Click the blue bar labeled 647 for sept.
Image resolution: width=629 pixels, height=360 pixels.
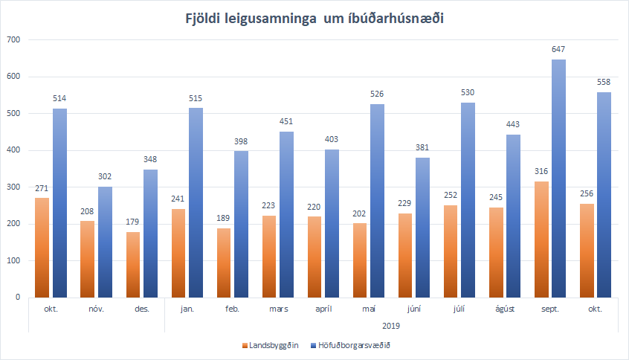558,179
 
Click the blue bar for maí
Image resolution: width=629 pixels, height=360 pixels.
378,201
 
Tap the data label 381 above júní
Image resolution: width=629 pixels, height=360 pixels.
423,147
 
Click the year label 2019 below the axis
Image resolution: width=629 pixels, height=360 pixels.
390,325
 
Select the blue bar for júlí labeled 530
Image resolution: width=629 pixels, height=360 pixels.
468,201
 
